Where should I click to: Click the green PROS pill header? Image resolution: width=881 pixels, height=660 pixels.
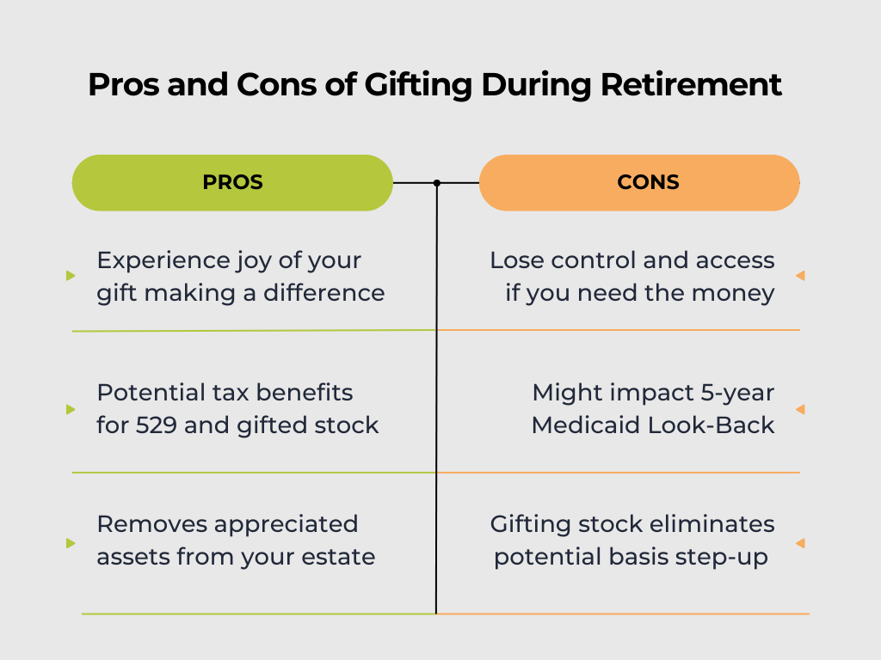[232, 182]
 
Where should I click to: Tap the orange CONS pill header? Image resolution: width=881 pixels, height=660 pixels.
[639, 182]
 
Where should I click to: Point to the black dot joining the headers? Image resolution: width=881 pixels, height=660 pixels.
[437, 183]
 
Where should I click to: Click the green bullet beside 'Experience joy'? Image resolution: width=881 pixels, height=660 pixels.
[71, 276]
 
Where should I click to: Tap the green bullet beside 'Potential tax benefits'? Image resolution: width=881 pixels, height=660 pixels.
[71, 409]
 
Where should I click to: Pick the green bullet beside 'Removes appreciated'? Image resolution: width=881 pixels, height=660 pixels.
[71, 543]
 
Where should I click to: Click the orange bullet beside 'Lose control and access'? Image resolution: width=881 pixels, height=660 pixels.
[800, 276]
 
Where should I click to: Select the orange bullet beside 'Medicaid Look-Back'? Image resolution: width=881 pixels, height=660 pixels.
[800, 409]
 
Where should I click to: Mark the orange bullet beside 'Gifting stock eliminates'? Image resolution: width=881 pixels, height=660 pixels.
[800, 543]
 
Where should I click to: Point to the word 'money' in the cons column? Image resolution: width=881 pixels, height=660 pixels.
[739, 293]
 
